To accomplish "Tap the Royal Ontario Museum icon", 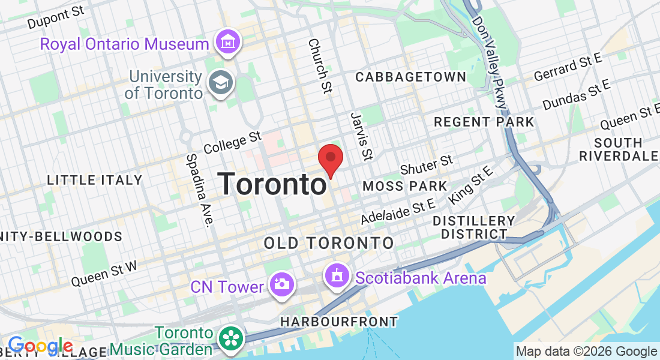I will coord(229,43).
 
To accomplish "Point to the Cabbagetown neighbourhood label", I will coord(410,77).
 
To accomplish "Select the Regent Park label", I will coord(484,122).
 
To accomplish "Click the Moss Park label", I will coord(405,187).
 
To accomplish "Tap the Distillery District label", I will coord(473,227).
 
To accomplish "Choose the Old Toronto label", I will coord(329,243).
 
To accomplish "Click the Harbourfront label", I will coord(339,322).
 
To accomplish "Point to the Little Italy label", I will coord(95,180).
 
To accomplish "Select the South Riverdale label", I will coord(618,149).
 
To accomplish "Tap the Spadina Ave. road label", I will coord(200,190).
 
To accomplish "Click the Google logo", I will coord(40,346).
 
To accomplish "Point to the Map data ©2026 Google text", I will coord(586,352).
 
